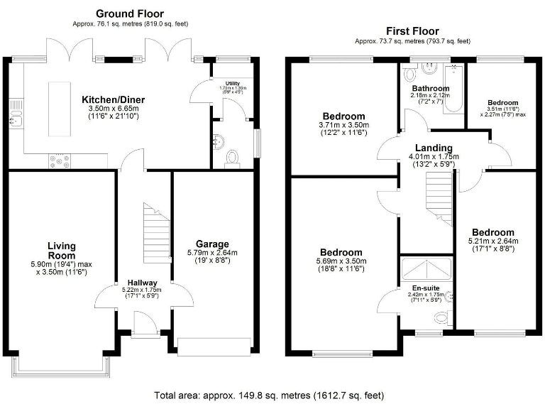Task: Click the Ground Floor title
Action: pyautogui.click(x=129, y=13)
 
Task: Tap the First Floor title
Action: pyautogui.click(x=412, y=31)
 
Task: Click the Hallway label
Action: pyautogui.click(x=142, y=282)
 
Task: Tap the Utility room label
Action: pyautogui.click(x=232, y=84)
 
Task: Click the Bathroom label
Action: pyautogui.click(x=430, y=88)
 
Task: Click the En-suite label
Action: pyautogui.click(x=425, y=288)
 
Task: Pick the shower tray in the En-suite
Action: pyautogui.click(x=426, y=268)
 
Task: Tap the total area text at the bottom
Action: pyautogui.click(x=272, y=395)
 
